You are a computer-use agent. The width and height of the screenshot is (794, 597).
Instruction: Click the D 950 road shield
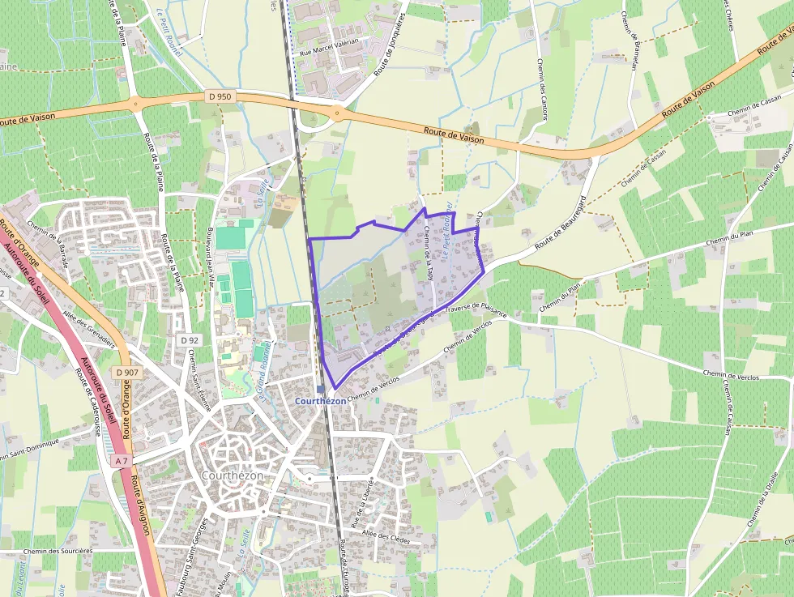pos(219,96)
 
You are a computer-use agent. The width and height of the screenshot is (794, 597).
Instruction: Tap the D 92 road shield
pos(190,340)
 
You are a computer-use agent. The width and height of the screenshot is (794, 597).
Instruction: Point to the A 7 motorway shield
pos(122,461)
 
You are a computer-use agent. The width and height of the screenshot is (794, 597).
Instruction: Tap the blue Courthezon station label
pos(321,401)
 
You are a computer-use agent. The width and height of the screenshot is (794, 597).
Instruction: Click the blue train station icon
pos(322,389)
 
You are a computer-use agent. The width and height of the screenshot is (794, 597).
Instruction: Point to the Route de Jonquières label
pos(391,45)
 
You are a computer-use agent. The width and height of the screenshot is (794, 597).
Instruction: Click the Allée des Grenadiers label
pos(89,327)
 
